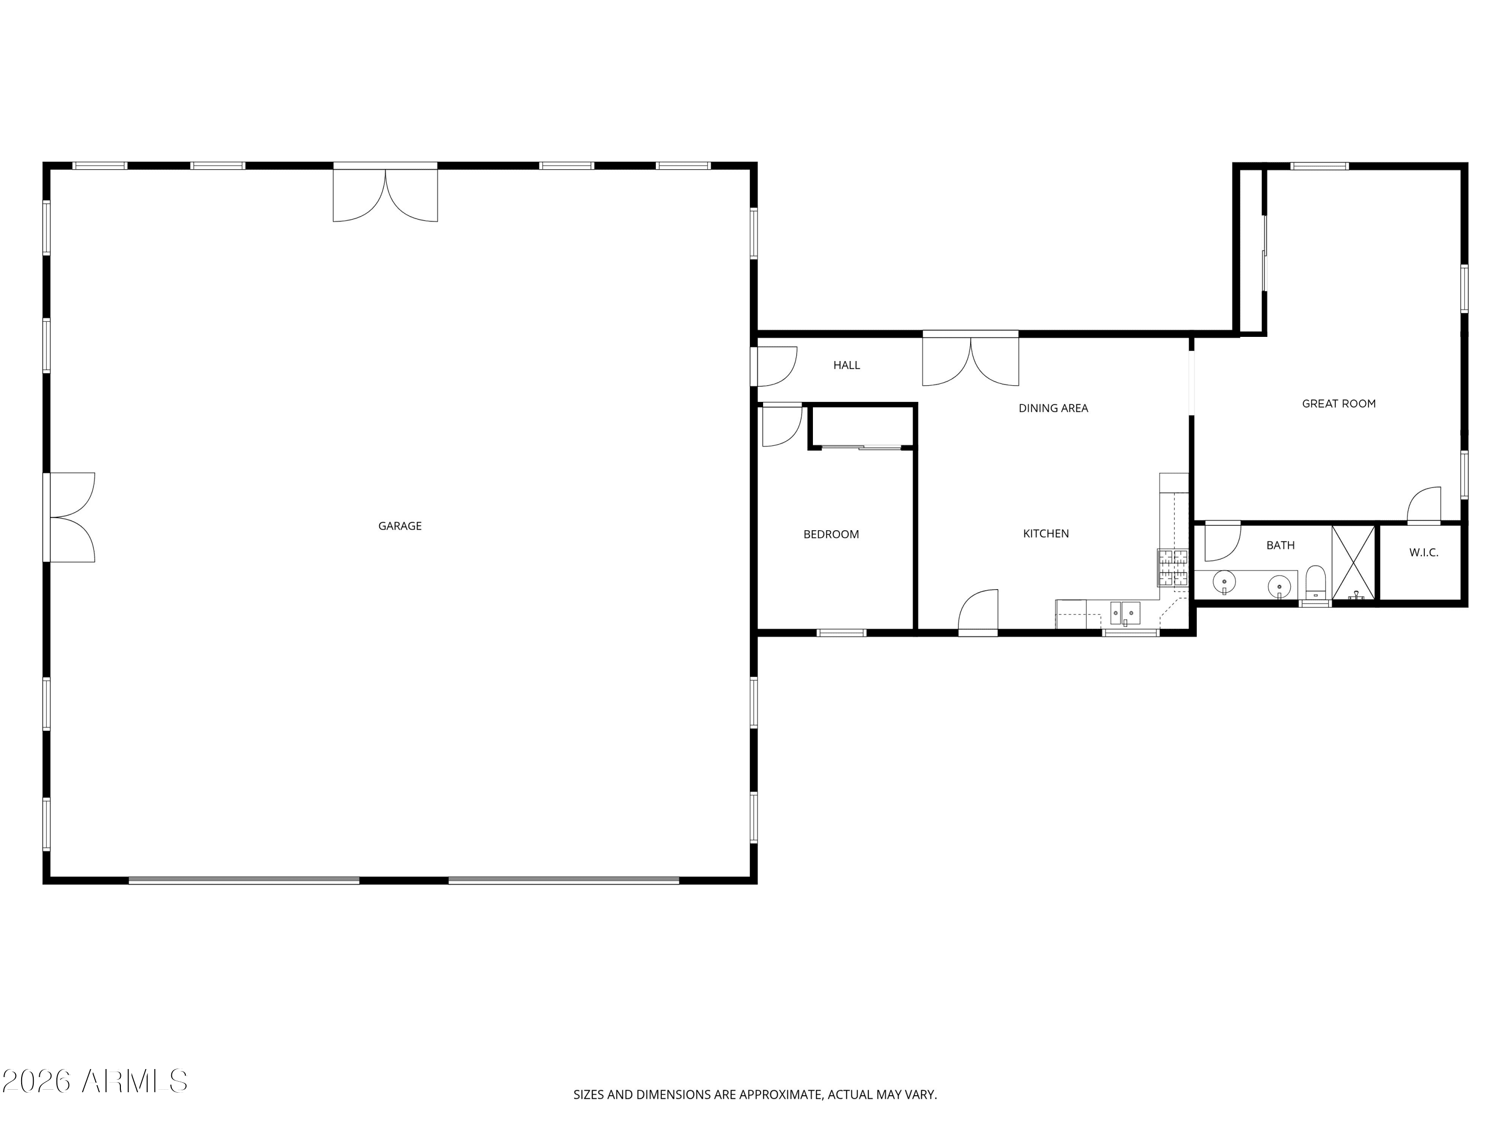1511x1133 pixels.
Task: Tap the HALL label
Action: (x=846, y=366)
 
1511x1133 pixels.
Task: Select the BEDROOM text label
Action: (x=831, y=534)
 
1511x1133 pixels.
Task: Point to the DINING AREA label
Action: (x=1053, y=408)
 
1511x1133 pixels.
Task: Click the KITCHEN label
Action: (x=1046, y=533)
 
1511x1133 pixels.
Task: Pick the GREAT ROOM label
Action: (x=1338, y=404)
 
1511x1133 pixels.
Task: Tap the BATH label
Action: (x=1280, y=545)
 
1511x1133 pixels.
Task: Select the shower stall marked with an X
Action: (x=1353, y=563)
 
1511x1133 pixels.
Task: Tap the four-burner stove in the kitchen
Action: (x=1172, y=568)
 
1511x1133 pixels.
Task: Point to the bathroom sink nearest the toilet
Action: (x=1279, y=586)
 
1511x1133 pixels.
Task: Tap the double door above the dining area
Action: (x=970, y=359)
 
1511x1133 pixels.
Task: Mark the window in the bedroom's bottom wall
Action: (x=842, y=633)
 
